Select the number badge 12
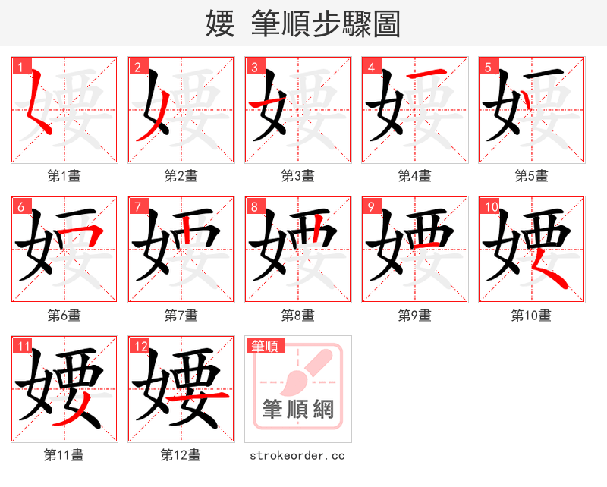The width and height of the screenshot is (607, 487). (139, 347)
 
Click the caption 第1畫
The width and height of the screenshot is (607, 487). (64, 176)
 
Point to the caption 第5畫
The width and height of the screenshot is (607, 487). (531, 176)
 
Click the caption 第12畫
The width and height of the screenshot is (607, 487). (181, 455)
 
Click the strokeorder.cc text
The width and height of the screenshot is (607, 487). (297, 455)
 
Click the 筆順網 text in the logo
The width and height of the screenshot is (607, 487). (298, 410)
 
